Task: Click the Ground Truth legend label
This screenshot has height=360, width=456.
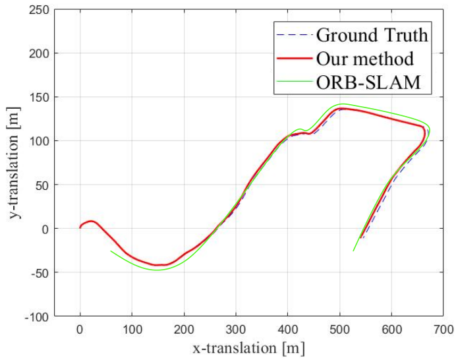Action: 372,36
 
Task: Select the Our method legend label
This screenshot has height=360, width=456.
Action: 364,59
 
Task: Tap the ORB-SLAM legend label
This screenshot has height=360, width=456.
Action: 368,82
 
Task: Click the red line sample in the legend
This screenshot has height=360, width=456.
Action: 295,59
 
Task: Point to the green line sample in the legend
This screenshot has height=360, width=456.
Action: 295,82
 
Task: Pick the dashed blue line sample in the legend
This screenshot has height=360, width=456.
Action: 295,35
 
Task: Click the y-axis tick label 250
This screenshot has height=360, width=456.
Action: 39,10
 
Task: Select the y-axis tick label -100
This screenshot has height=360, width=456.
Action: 37,316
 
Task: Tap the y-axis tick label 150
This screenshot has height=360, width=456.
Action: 39,97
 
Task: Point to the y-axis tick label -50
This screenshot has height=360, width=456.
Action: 40,272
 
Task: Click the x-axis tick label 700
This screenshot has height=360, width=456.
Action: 443,330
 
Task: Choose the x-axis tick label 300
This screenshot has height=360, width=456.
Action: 236,330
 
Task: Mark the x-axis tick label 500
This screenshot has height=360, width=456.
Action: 339,330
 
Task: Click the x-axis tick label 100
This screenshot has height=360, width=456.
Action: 132,330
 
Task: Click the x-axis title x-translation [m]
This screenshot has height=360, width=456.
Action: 248,348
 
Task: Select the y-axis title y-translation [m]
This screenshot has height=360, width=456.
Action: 14,163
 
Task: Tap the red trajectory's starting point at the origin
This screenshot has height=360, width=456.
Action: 80,227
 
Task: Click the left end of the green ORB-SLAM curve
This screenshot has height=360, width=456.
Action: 111,251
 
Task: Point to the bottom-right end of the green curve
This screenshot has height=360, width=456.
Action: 353,251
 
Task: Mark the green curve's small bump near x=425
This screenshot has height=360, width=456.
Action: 300,129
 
